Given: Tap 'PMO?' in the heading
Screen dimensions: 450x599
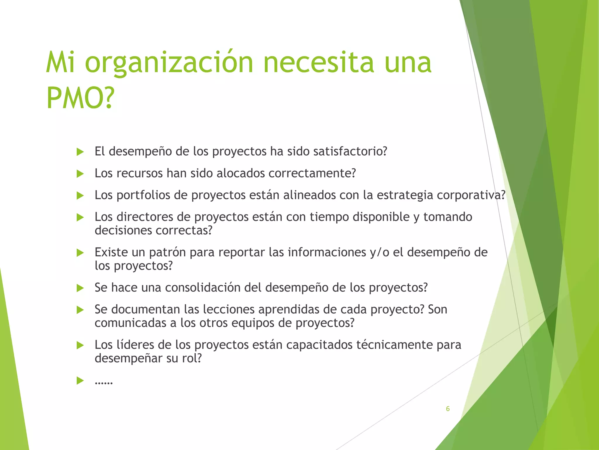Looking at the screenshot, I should [x=80, y=98].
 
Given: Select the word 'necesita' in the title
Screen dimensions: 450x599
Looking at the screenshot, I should [x=319, y=62].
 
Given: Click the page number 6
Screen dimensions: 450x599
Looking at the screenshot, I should [x=447, y=409].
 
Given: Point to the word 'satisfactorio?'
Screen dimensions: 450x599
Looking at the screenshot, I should [x=350, y=151].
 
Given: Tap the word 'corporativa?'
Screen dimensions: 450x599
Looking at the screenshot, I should [x=471, y=195].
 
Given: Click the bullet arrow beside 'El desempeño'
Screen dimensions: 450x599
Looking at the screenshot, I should [x=80, y=152].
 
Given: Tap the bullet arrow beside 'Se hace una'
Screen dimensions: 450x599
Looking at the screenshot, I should [x=80, y=288].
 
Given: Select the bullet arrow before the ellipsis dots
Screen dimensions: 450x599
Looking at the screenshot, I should [x=80, y=381].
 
